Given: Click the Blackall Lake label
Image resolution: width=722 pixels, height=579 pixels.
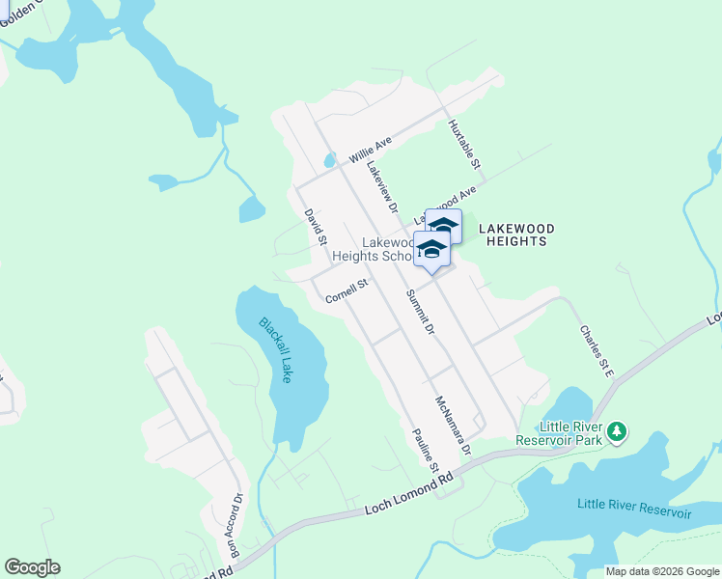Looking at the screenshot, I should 275,350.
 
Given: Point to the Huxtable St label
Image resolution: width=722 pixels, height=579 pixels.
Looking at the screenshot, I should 464,145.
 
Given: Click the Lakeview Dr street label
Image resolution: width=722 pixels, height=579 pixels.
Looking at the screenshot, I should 382,185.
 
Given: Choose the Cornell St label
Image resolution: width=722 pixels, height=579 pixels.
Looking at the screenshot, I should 347,291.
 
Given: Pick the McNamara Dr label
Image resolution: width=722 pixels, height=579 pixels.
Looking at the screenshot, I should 452,425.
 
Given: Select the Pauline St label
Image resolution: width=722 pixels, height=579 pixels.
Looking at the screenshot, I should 425,450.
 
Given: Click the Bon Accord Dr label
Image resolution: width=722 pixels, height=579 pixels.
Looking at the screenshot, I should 236,526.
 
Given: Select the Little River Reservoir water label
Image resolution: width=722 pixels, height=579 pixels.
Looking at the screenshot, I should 634,508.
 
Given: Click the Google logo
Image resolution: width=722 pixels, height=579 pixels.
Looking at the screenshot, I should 32,567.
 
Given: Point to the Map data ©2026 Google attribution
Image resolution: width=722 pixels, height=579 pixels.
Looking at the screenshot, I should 660,571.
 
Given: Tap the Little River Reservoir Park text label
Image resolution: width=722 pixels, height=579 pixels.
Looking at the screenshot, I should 570,432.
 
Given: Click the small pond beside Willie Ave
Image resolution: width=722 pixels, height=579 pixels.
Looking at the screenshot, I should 329,160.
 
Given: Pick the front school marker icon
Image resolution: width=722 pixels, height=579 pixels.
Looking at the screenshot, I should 431,251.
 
